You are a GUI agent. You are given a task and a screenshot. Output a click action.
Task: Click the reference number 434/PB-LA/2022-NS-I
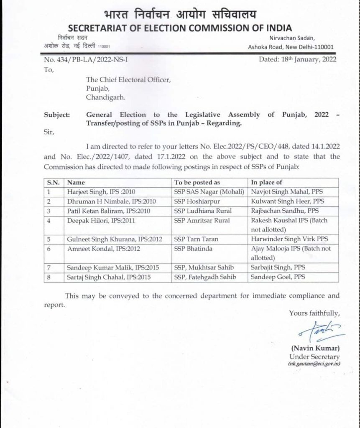[x=86, y=59]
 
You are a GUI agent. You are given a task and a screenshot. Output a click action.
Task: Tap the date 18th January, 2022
[x=297, y=59]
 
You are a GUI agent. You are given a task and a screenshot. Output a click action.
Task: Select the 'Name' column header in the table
[x=76, y=182]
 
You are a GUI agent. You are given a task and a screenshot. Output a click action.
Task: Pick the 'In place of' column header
[x=266, y=182]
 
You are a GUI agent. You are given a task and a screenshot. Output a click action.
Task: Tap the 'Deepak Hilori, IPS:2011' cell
[x=96, y=220]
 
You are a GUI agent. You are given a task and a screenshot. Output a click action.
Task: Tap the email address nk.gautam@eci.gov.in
[x=314, y=364]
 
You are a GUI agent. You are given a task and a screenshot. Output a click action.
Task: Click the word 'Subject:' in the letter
[x=57, y=115]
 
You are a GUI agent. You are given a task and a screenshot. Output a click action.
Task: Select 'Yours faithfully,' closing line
[x=314, y=313]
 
